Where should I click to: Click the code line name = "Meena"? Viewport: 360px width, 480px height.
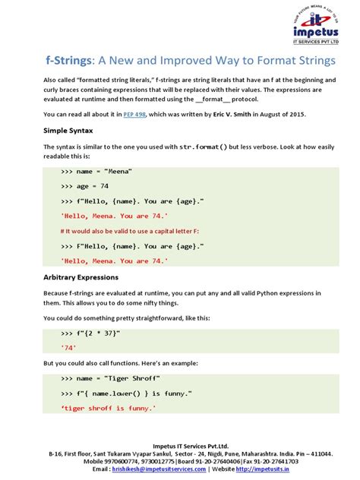(x=96, y=172)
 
